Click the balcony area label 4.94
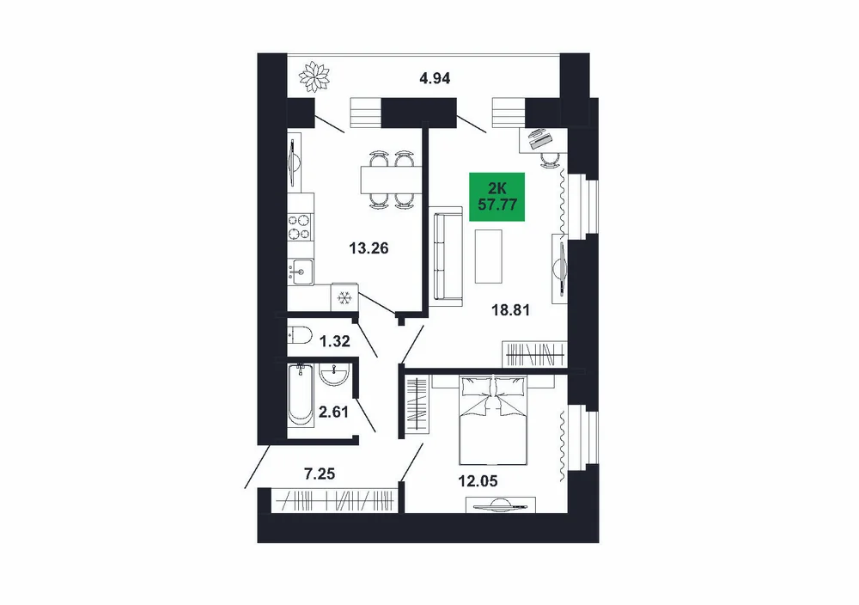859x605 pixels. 435,78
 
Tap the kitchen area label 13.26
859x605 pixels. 369,248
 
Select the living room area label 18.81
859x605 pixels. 510,310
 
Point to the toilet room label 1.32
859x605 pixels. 334,341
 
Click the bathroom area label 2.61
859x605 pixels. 333,411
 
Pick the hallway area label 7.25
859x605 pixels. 320,473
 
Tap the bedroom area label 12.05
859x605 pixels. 478,481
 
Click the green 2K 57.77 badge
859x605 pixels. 497,198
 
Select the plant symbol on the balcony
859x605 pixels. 314,77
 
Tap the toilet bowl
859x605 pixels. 300,333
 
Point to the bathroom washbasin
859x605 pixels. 333,374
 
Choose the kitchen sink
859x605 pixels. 300,271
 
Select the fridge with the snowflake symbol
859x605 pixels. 344,298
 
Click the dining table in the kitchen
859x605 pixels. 391,180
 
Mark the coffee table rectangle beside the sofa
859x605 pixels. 488,256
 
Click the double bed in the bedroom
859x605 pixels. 492,419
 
